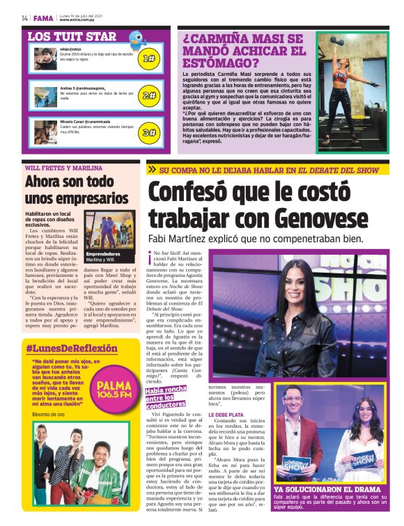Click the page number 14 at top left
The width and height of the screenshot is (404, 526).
click(x=24, y=17)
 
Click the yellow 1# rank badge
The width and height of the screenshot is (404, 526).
click(x=148, y=58)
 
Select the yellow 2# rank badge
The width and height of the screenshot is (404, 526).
click(x=148, y=95)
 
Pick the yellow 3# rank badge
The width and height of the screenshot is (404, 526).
click(x=148, y=131)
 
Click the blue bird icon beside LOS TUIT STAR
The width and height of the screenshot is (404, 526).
click(x=138, y=39)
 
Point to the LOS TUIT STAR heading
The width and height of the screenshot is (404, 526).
click(x=72, y=36)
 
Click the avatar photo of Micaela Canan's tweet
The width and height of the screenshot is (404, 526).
click(x=45, y=131)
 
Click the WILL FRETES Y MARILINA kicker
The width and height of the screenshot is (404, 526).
click(x=63, y=168)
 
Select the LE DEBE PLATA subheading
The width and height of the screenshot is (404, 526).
click(x=226, y=415)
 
